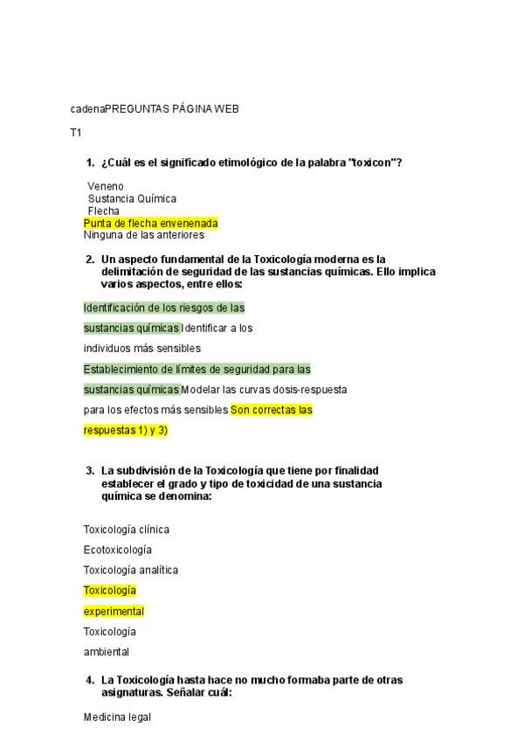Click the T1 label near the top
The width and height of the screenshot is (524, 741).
tap(76, 133)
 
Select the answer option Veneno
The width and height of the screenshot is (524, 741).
tap(106, 186)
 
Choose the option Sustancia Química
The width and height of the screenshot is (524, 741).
tap(132, 198)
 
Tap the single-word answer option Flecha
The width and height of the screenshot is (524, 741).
tap(104, 211)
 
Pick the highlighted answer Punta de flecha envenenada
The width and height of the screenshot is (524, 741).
tap(150, 223)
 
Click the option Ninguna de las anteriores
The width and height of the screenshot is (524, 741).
tap(143, 234)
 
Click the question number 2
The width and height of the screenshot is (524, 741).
tap(90, 260)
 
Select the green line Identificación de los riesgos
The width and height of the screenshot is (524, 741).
tap(163, 308)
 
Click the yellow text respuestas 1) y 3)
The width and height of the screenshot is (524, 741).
tap(125, 431)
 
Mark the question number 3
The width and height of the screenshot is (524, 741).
tap(90, 471)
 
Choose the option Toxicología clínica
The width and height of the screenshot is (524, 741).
tap(126, 530)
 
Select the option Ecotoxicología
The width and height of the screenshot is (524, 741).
tap(117, 550)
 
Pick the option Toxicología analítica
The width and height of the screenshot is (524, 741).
tap(130, 570)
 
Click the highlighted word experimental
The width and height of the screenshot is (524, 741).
tap(114, 611)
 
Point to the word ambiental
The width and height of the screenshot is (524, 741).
tap(106, 652)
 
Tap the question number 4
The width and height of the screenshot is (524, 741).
tap(90, 680)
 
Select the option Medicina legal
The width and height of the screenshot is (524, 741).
tap(117, 717)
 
